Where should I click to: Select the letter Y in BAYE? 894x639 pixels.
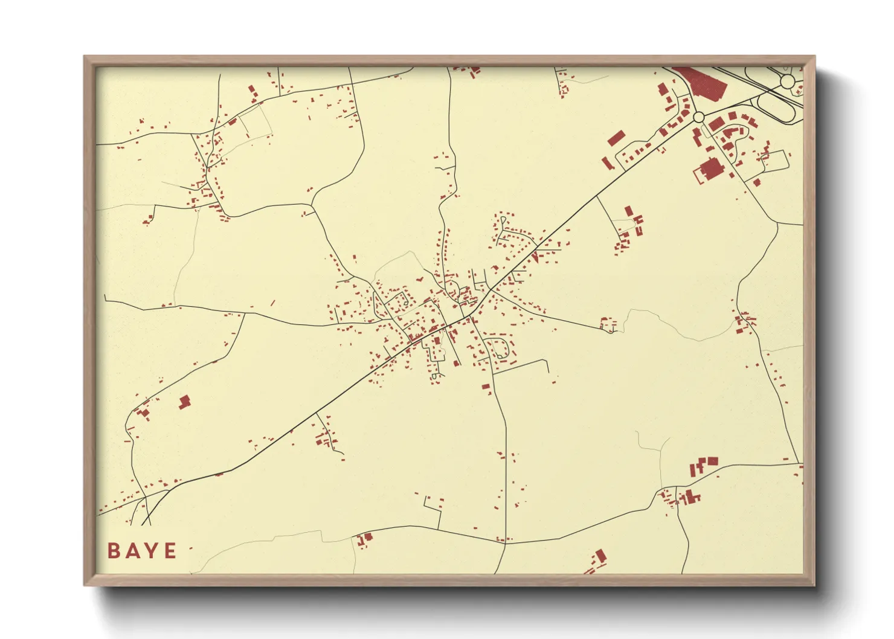[151, 551]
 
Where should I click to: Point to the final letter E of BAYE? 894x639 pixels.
[170, 551]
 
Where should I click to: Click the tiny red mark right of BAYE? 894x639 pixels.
[191, 548]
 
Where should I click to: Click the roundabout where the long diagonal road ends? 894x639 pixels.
[698, 117]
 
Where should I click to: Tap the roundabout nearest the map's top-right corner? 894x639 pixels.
[787, 80]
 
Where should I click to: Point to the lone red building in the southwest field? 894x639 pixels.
[184, 402]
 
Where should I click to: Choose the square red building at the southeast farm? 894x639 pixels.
[713, 461]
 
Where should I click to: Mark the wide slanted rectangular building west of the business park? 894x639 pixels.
[615, 138]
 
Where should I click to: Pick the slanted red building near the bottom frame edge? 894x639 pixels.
[599, 556]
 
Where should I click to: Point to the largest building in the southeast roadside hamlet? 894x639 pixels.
[689, 497]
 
